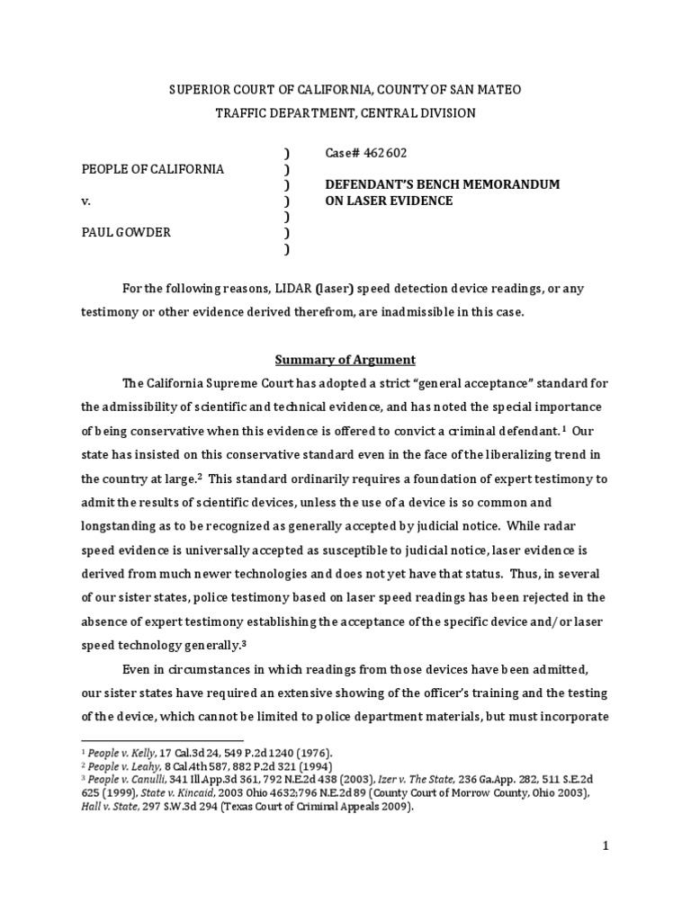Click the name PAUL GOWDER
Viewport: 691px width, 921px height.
coord(127,232)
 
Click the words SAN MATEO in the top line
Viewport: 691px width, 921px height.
coord(484,90)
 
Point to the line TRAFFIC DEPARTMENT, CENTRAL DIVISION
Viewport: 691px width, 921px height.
coord(345,113)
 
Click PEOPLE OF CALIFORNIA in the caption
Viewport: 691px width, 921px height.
coord(154,169)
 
